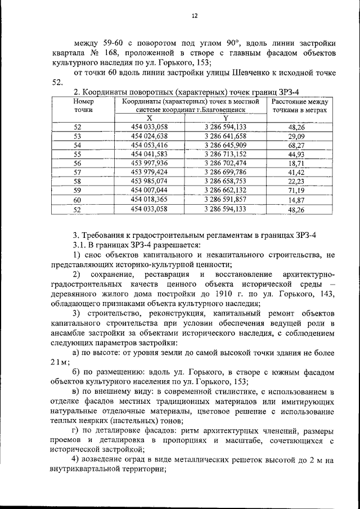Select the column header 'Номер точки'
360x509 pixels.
[x=83, y=106]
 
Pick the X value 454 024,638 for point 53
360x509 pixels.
[x=150, y=136]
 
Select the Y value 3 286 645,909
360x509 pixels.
[x=226, y=145]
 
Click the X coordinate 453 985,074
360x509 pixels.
[x=150, y=181]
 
